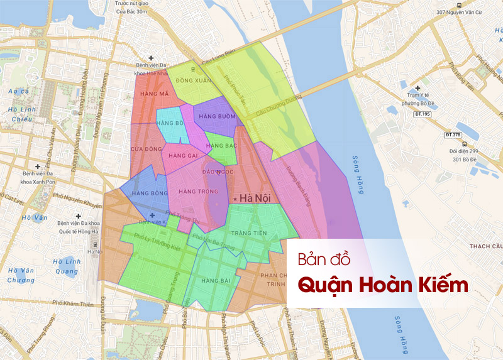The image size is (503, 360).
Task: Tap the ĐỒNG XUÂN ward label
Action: (x=194, y=81)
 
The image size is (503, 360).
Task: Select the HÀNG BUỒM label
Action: (x=217, y=117)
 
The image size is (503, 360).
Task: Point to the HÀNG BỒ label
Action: (x=171, y=123)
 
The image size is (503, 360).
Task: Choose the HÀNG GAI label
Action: (x=184, y=155)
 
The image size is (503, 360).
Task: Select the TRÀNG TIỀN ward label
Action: (x=249, y=234)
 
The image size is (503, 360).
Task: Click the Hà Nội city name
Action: (x=255, y=198)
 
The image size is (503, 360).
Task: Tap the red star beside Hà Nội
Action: (x=235, y=199)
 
